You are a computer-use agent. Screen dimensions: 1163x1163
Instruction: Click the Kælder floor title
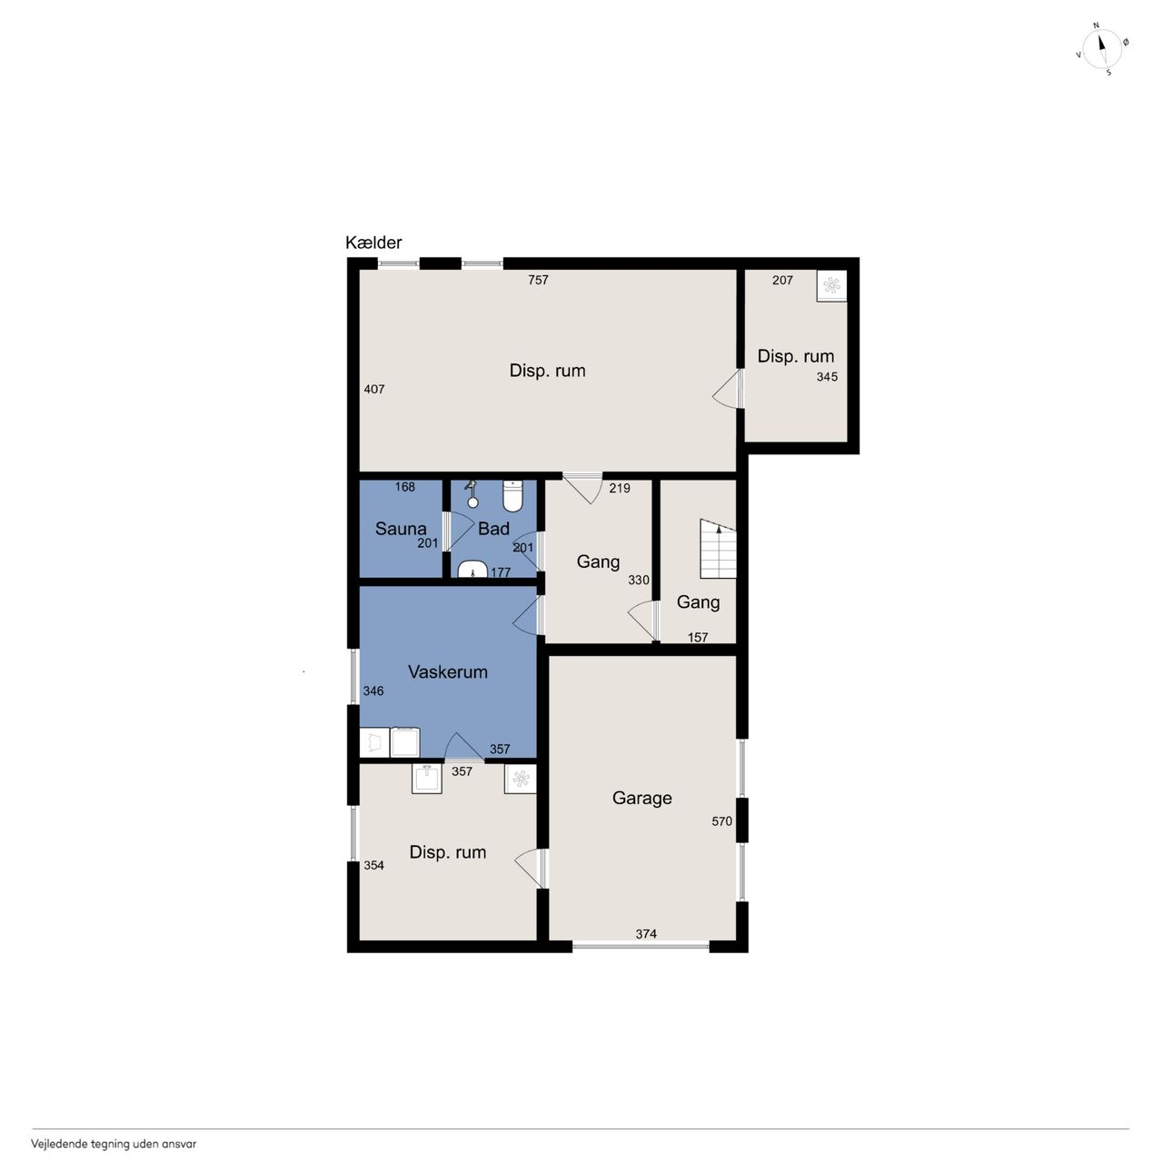[x=373, y=243]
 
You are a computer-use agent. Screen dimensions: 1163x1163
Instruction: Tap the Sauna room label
[x=400, y=529]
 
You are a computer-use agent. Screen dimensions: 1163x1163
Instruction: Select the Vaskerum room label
[x=447, y=671]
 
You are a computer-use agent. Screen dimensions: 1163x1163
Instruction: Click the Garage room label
[x=641, y=798]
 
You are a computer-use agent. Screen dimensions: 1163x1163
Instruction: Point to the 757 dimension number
[x=538, y=280]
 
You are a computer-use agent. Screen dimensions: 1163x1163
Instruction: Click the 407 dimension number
[x=374, y=389]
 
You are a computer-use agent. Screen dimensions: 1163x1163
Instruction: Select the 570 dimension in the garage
[x=721, y=820]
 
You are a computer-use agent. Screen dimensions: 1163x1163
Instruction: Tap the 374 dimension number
[x=646, y=934]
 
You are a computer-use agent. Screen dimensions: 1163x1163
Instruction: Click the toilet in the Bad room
[x=512, y=495]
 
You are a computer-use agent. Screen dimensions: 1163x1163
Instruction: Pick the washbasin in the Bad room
[x=472, y=569]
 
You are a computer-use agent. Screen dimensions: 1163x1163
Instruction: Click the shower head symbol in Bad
[x=472, y=494]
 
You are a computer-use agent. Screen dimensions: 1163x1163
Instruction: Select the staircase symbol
[x=718, y=549]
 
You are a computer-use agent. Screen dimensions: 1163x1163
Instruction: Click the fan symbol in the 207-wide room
[x=831, y=285]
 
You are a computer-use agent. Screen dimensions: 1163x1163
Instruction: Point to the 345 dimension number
[x=827, y=376]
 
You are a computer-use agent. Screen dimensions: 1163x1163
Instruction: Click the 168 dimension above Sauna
[x=405, y=486]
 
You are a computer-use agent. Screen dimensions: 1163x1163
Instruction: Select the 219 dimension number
[x=620, y=488]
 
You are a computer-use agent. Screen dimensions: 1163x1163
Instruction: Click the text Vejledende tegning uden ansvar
[x=114, y=1144]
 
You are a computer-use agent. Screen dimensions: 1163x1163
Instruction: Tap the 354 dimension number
[x=373, y=865]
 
